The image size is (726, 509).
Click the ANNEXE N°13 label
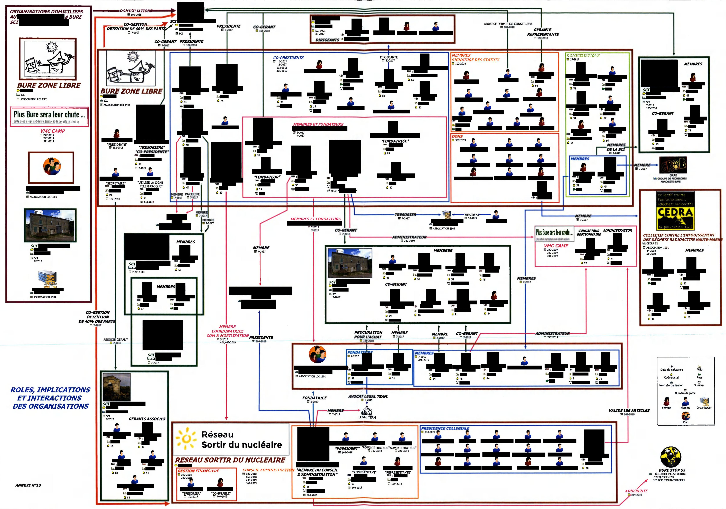pos(28,485)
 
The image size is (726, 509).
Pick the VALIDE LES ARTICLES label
pos(629,410)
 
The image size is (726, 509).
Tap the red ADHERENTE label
pos(636,491)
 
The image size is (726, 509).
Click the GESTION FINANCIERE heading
pos(198,471)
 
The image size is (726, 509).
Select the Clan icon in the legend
pos(685,416)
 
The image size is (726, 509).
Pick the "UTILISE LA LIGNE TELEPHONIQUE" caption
pos(151,184)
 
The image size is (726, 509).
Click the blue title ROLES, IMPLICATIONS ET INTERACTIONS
pos(51,398)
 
